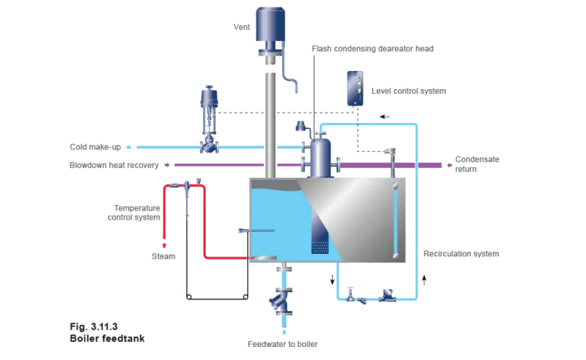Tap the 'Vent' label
(242, 27)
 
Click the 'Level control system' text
(408, 90)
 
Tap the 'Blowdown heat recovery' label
(115, 164)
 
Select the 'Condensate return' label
(478, 164)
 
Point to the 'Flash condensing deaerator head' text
(373, 48)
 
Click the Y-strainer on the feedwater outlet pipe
(284, 301)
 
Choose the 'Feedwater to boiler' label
(282, 344)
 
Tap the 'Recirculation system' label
(461, 253)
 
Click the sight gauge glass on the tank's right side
(394, 221)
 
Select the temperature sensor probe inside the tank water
(256, 231)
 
